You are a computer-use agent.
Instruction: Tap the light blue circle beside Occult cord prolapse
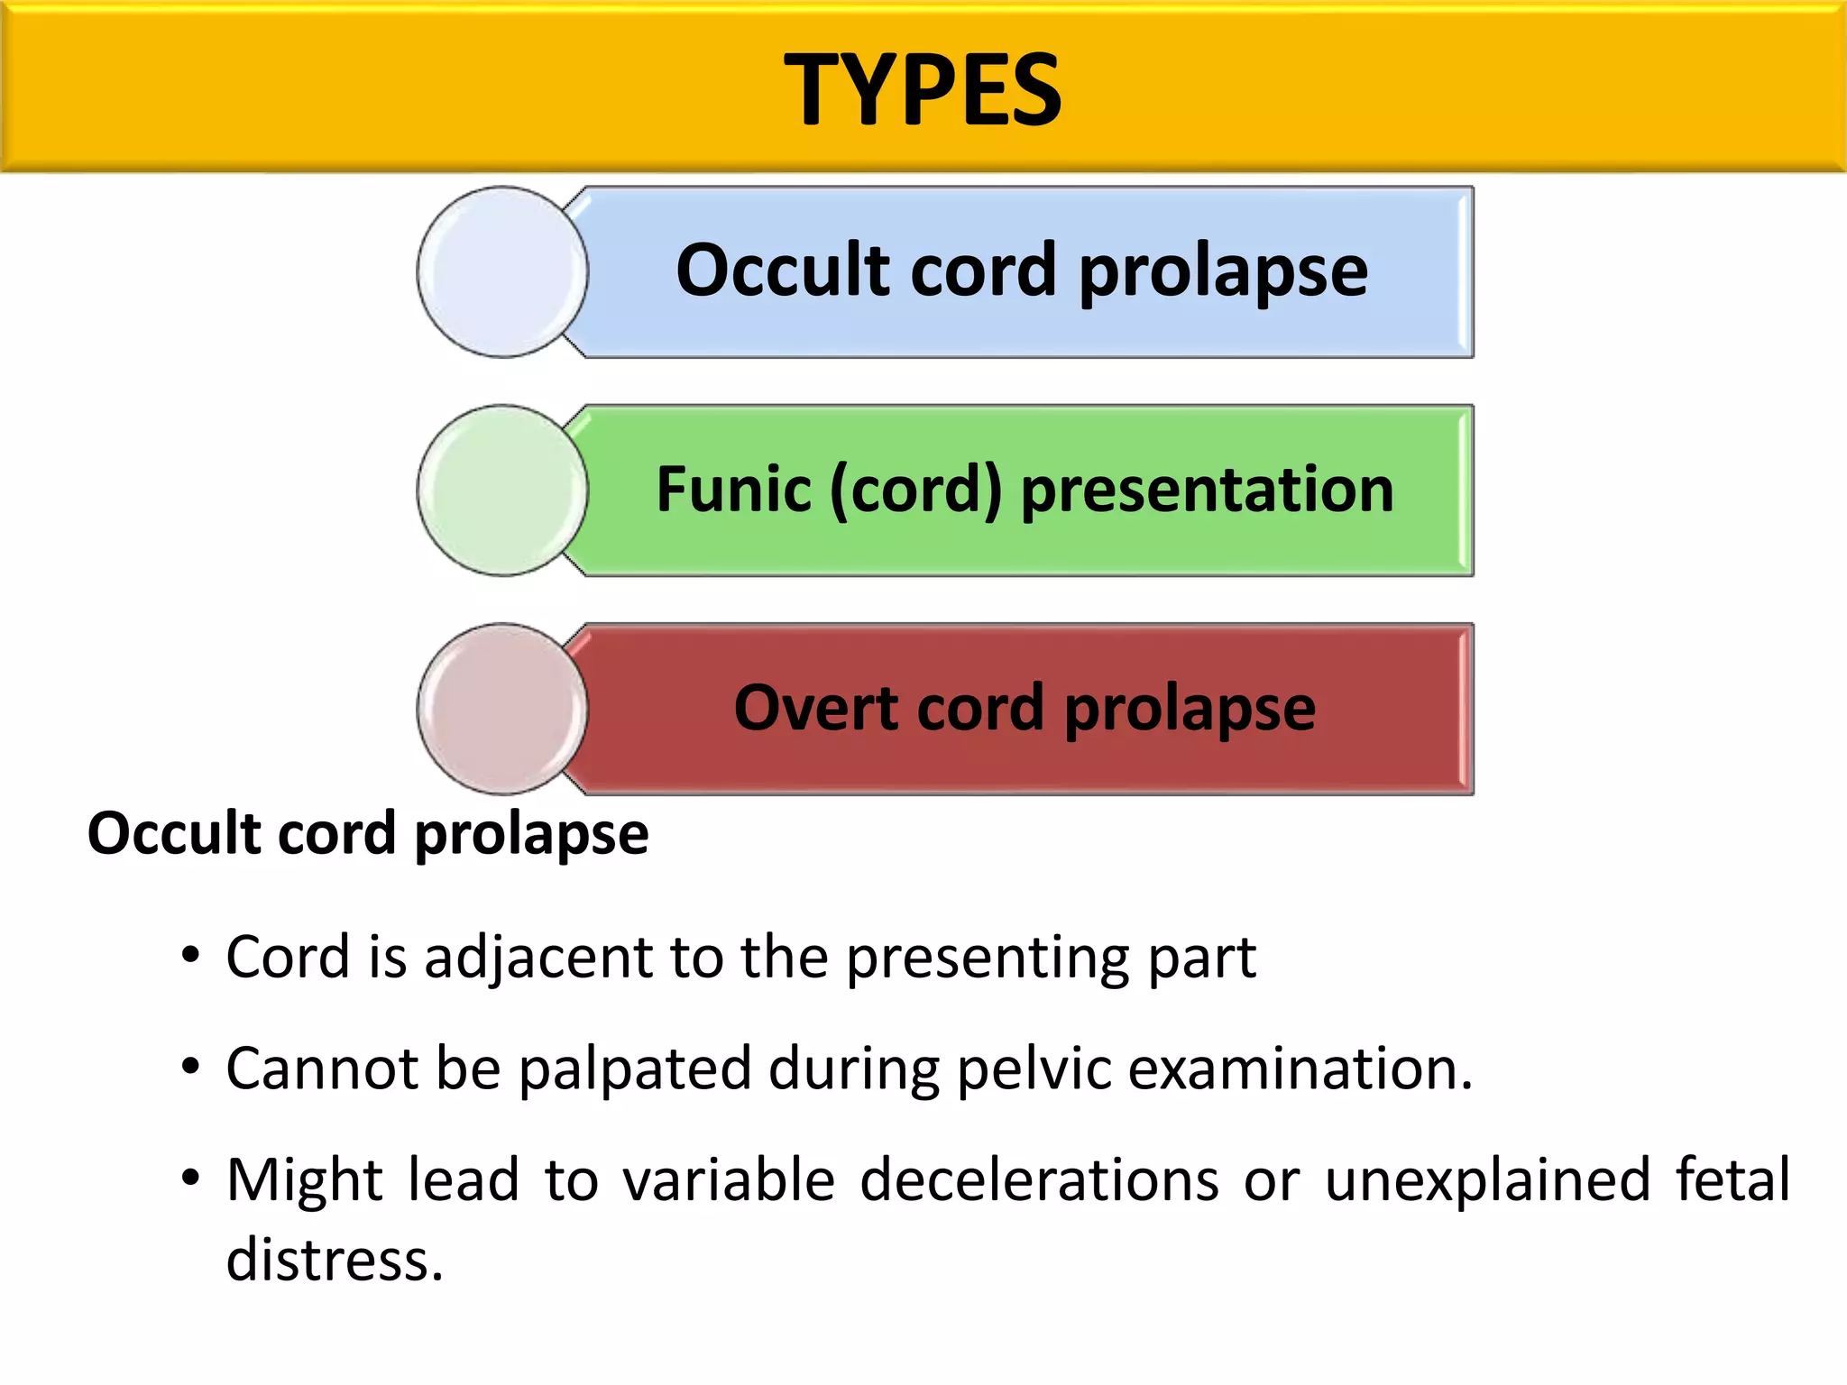[x=502, y=271]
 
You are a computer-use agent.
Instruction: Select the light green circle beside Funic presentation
[x=502, y=490]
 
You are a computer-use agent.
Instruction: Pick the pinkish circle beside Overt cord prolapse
[x=502, y=709]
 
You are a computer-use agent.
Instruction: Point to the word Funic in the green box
[x=733, y=490]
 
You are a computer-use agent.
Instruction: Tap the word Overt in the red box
[x=815, y=708]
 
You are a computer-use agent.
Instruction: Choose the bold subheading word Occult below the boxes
[x=174, y=833]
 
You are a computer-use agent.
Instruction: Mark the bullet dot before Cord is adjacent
[x=189, y=956]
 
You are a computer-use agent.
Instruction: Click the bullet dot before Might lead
[x=189, y=1178]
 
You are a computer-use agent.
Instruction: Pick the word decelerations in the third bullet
[x=1039, y=1180]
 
